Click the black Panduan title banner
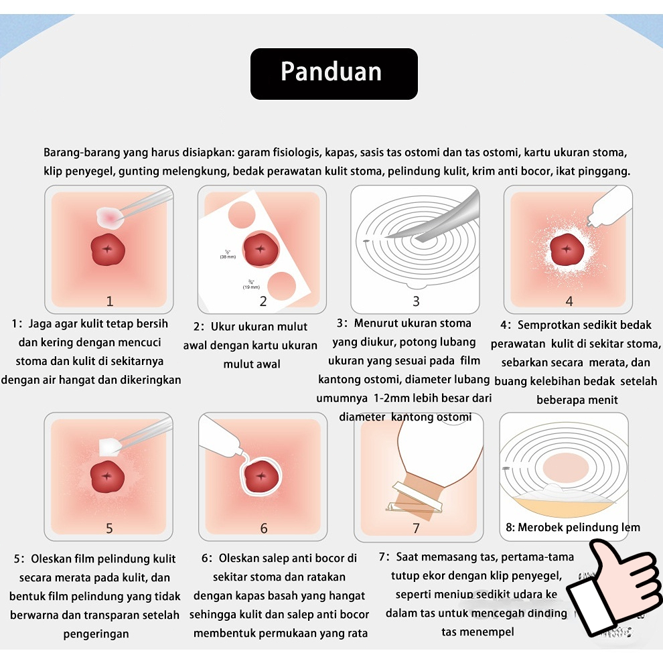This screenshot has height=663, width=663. (334, 73)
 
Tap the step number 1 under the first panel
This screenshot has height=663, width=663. (110, 301)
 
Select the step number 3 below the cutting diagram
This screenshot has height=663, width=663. (416, 301)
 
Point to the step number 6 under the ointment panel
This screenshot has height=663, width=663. (263, 528)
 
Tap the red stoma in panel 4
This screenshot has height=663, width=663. (567, 250)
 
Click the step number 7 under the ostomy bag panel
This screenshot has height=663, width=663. (416, 528)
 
